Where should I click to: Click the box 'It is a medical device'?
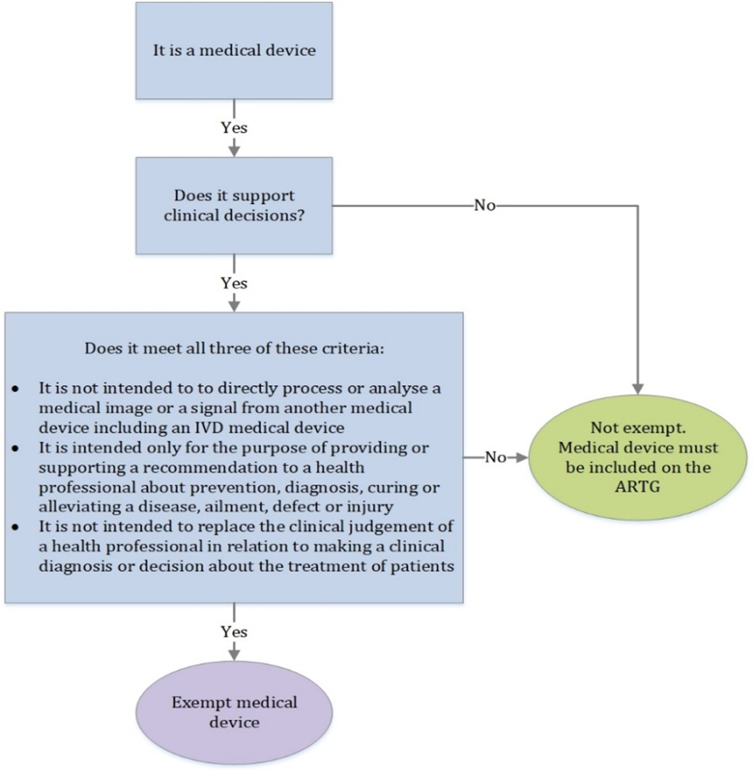click(234, 50)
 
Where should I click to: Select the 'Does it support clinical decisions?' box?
click(234, 205)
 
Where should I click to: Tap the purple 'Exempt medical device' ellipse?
click(234, 712)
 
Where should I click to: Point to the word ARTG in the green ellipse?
click(638, 487)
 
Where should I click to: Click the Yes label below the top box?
click(234, 128)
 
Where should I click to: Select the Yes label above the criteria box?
click(234, 283)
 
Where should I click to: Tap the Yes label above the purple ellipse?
click(234, 632)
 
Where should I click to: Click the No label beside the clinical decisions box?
click(485, 205)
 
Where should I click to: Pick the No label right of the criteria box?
click(495, 457)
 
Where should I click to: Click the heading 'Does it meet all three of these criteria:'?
click(234, 348)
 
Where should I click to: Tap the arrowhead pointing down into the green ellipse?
click(638, 388)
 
